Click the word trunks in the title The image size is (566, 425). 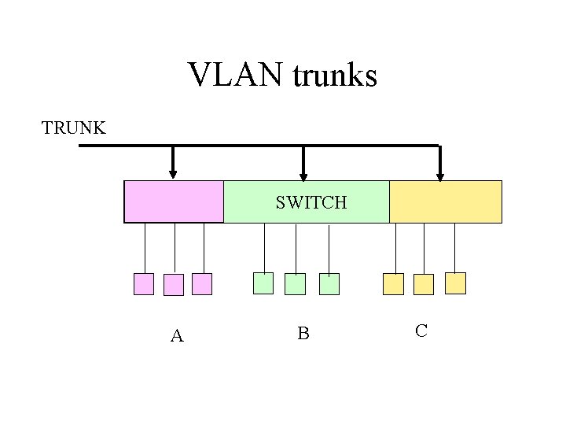click(x=335, y=76)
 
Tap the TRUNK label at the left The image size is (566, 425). click(x=74, y=128)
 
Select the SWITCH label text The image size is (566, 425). click(x=311, y=202)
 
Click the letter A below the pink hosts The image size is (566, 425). click(x=177, y=336)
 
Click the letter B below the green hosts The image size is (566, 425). click(x=303, y=334)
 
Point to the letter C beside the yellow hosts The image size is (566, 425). click(x=421, y=331)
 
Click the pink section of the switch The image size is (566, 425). click(x=174, y=201)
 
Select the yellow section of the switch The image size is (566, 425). click(x=445, y=201)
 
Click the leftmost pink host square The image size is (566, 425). click(x=144, y=284)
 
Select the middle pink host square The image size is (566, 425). click(x=174, y=285)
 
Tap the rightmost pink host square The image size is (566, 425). click(x=203, y=284)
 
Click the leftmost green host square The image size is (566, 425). click(x=263, y=283)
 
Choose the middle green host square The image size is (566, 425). click(x=295, y=284)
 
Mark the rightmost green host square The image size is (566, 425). click(x=329, y=284)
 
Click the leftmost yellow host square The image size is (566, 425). click(x=393, y=283)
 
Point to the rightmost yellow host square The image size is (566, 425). click(x=455, y=283)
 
